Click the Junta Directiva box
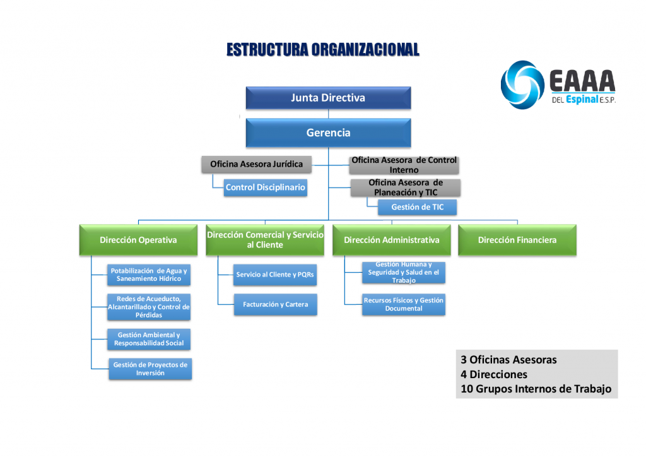[x=328, y=98]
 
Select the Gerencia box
[x=328, y=133]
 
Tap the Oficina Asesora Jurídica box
[x=256, y=164]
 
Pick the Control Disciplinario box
[x=266, y=187]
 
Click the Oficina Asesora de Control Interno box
[x=404, y=165]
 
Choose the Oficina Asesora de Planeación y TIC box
[x=406, y=187]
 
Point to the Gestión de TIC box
[x=418, y=207]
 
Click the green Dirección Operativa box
[x=138, y=240]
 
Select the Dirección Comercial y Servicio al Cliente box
[x=265, y=240]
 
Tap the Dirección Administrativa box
[x=391, y=240]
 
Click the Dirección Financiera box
[x=517, y=240]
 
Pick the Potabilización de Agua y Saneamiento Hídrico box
[x=149, y=275]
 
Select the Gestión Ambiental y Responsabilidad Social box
[x=149, y=339]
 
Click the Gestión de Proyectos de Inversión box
[x=150, y=369]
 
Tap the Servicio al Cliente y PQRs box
[x=275, y=275]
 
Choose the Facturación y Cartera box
[x=276, y=304]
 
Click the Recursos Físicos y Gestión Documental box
[x=404, y=304]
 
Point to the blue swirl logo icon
[x=522, y=85]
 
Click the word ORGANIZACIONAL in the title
[x=365, y=50]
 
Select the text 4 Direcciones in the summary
[x=494, y=374]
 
